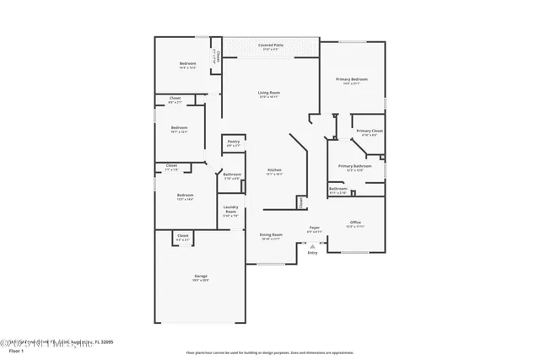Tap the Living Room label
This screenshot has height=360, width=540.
point(269,93)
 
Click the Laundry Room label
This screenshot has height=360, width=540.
point(230,210)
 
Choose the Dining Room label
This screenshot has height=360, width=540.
point(270,234)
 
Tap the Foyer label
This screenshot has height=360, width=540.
point(313,228)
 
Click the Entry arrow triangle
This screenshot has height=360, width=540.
point(312,245)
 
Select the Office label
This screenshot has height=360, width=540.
point(355,223)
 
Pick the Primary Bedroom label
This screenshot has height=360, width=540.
point(354,79)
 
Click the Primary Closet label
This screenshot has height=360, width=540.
point(370,132)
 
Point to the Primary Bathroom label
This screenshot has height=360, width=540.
point(355,167)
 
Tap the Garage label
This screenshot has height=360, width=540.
point(202,276)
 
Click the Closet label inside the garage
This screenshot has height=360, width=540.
point(183,239)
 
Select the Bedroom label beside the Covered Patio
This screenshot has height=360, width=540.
point(187,65)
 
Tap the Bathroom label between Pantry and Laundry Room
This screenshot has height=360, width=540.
point(232,175)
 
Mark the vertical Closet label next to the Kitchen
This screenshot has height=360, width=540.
point(300,202)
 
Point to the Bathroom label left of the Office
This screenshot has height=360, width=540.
point(337,190)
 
